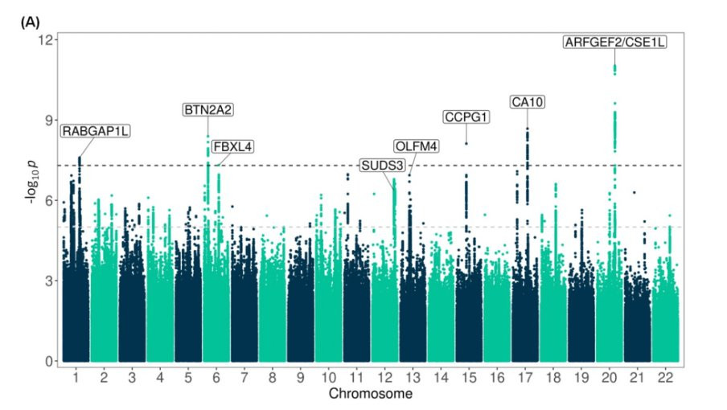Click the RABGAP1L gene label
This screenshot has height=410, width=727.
tap(97, 131)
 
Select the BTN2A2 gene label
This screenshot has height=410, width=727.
tap(208, 110)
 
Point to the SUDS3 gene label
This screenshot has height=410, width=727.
tap(381, 166)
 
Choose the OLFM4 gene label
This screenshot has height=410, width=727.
tap(417, 146)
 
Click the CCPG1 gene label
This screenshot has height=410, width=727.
tap(466, 117)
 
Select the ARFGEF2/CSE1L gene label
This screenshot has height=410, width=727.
tap(615, 43)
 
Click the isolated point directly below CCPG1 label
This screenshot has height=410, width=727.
tap(466, 143)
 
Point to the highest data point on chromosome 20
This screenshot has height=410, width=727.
tap(615, 66)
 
